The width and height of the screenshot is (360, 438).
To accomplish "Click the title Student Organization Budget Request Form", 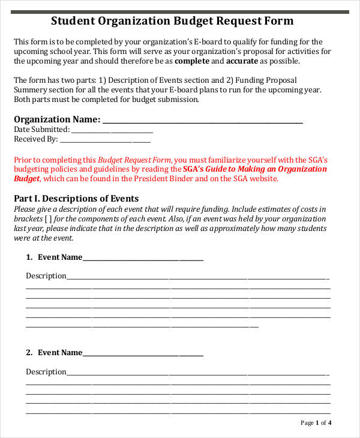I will click(x=172, y=21).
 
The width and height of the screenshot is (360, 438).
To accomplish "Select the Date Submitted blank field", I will click(x=112, y=130).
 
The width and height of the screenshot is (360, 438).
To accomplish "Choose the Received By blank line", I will click(x=105, y=139).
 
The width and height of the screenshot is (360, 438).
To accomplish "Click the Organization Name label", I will click(x=57, y=119).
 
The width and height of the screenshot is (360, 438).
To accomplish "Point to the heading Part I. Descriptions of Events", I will click(x=76, y=199).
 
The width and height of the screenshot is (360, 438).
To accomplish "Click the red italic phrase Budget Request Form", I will click(x=134, y=160).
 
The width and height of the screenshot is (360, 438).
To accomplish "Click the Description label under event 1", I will click(x=46, y=276).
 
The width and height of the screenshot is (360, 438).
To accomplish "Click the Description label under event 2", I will click(x=46, y=372).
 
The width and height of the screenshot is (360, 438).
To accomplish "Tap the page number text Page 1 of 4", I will click(x=316, y=423).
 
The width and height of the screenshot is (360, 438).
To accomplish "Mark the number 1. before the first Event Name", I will click(x=29, y=257).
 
